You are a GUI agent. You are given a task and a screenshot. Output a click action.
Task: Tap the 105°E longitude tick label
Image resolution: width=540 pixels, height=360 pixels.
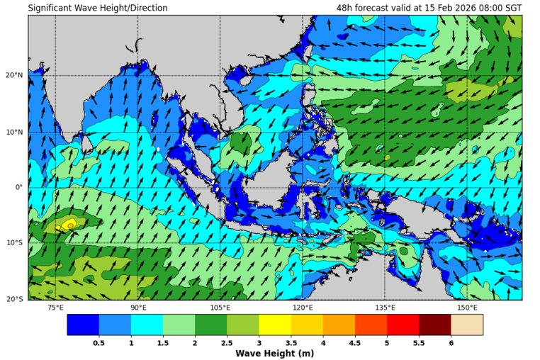[220, 308]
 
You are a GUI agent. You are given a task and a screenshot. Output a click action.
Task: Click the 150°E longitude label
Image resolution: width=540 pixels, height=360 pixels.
[467, 308]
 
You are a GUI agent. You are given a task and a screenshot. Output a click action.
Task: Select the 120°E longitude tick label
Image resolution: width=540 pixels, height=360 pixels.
[303, 308]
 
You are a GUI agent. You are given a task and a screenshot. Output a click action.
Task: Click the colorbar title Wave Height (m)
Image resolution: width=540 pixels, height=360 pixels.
[275, 354]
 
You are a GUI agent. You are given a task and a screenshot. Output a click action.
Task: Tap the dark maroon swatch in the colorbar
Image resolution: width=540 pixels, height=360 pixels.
[434, 325]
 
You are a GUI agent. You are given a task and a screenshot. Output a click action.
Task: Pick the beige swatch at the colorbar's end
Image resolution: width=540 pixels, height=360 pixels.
[467, 325]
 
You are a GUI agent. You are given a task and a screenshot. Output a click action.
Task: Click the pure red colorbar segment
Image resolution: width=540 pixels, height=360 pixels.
[403, 325]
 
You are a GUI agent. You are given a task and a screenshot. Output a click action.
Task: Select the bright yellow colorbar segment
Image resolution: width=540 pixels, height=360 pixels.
[275, 325]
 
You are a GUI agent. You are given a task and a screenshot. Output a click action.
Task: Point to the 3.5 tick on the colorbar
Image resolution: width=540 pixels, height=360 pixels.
[291, 343]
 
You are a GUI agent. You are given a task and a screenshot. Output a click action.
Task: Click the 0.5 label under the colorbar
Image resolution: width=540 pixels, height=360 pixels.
[99, 343]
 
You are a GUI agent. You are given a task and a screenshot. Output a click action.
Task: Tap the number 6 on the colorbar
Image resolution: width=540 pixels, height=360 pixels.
[451, 343]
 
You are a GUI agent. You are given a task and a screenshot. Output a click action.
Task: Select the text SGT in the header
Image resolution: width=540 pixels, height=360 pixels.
[512, 8]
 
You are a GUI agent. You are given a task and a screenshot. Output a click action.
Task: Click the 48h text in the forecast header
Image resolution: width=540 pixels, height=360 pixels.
[345, 8]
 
